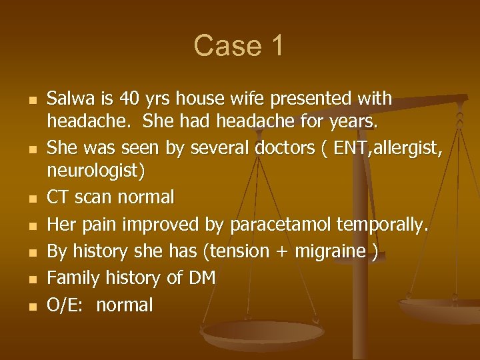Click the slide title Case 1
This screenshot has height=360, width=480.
pos(239,46)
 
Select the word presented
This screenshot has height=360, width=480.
pos(305,99)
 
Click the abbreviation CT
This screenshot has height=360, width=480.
pos(57,198)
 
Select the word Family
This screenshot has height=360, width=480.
pos(70,279)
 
